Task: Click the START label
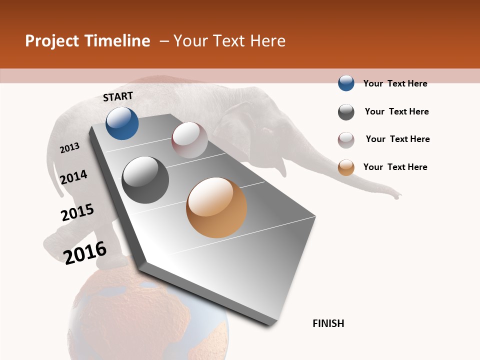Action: (118, 96)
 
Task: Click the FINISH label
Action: (328, 323)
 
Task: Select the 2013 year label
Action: (70, 147)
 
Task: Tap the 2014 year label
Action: (74, 177)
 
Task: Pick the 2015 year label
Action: (77, 212)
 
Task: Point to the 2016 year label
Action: (85, 252)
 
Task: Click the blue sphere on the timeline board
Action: (122, 123)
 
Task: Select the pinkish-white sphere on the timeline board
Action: (189, 140)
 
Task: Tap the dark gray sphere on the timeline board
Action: (145, 180)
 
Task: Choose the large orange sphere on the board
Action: (216, 207)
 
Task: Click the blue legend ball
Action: (346, 83)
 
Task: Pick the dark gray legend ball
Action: (346, 112)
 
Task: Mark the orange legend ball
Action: (346, 167)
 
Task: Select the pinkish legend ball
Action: (346, 140)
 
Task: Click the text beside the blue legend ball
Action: (395, 83)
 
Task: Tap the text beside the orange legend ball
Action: (395, 167)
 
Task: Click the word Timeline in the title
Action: (118, 41)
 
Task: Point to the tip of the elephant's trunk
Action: (398, 196)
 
